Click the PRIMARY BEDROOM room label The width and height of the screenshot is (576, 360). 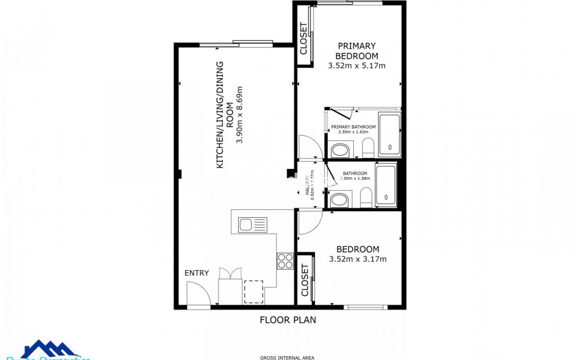coord(356,51)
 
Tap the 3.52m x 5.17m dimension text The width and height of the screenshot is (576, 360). coord(356,66)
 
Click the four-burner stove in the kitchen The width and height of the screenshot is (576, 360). coord(285,261)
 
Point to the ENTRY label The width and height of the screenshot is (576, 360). coord(196,273)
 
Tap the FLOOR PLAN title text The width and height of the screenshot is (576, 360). coord(288,320)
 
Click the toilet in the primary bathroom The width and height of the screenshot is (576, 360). coord(368,148)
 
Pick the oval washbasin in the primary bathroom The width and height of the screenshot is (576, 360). coord(340,150)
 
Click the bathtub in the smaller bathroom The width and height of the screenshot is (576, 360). coord(386,185)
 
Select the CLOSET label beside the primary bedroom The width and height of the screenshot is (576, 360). coord(304,38)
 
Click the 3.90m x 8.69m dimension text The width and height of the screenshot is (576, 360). coord(239,115)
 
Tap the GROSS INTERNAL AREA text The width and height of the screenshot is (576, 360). coord(287,358)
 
